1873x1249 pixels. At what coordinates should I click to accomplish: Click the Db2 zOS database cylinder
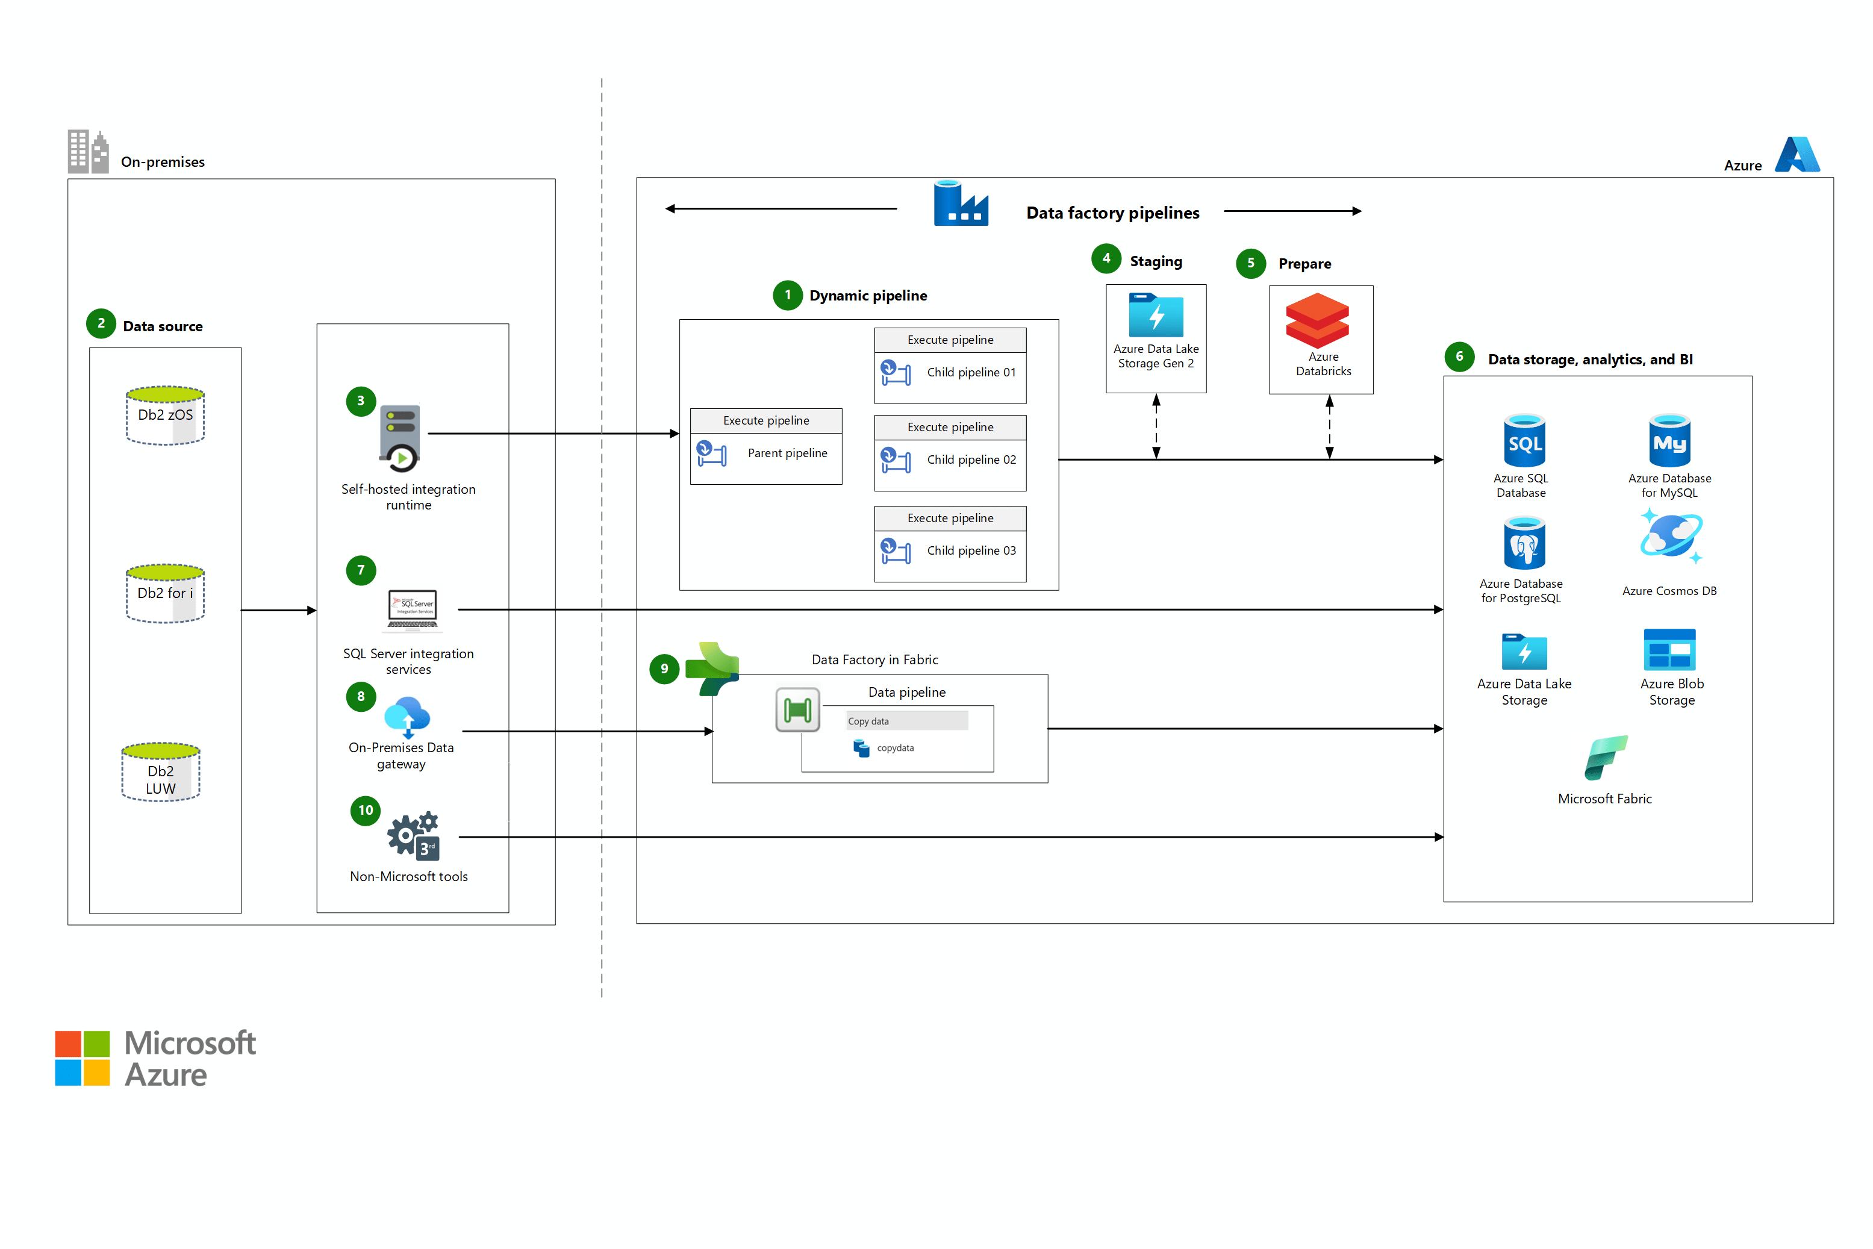click(x=165, y=415)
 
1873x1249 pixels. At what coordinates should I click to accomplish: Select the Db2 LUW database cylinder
click(x=160, y=772)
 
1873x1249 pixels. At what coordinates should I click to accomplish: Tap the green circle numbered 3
click(x=360, y=400)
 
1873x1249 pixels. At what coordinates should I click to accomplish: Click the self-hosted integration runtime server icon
click(x=400, y=437)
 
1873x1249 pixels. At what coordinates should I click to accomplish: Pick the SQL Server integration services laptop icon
click(x=412, y=609)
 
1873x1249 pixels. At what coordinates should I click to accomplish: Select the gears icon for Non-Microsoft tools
click(x=413, y=836)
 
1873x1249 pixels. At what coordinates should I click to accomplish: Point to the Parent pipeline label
click(x=787, y=453)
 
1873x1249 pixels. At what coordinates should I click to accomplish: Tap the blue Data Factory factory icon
click(x=960, y=204)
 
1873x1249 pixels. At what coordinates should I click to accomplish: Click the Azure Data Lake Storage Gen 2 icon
click(x=1155, y=316)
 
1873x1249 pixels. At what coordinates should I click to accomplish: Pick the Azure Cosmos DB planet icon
click(x=1670, y=538)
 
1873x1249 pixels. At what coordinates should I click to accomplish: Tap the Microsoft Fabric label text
click(x=1604, y=799)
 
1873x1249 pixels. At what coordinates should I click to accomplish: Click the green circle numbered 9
click(x=664, y=668)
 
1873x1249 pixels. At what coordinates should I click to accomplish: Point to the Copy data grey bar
click(x=906, y=721)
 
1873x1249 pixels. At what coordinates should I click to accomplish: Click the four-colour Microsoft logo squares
click(x=82, y=1058)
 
